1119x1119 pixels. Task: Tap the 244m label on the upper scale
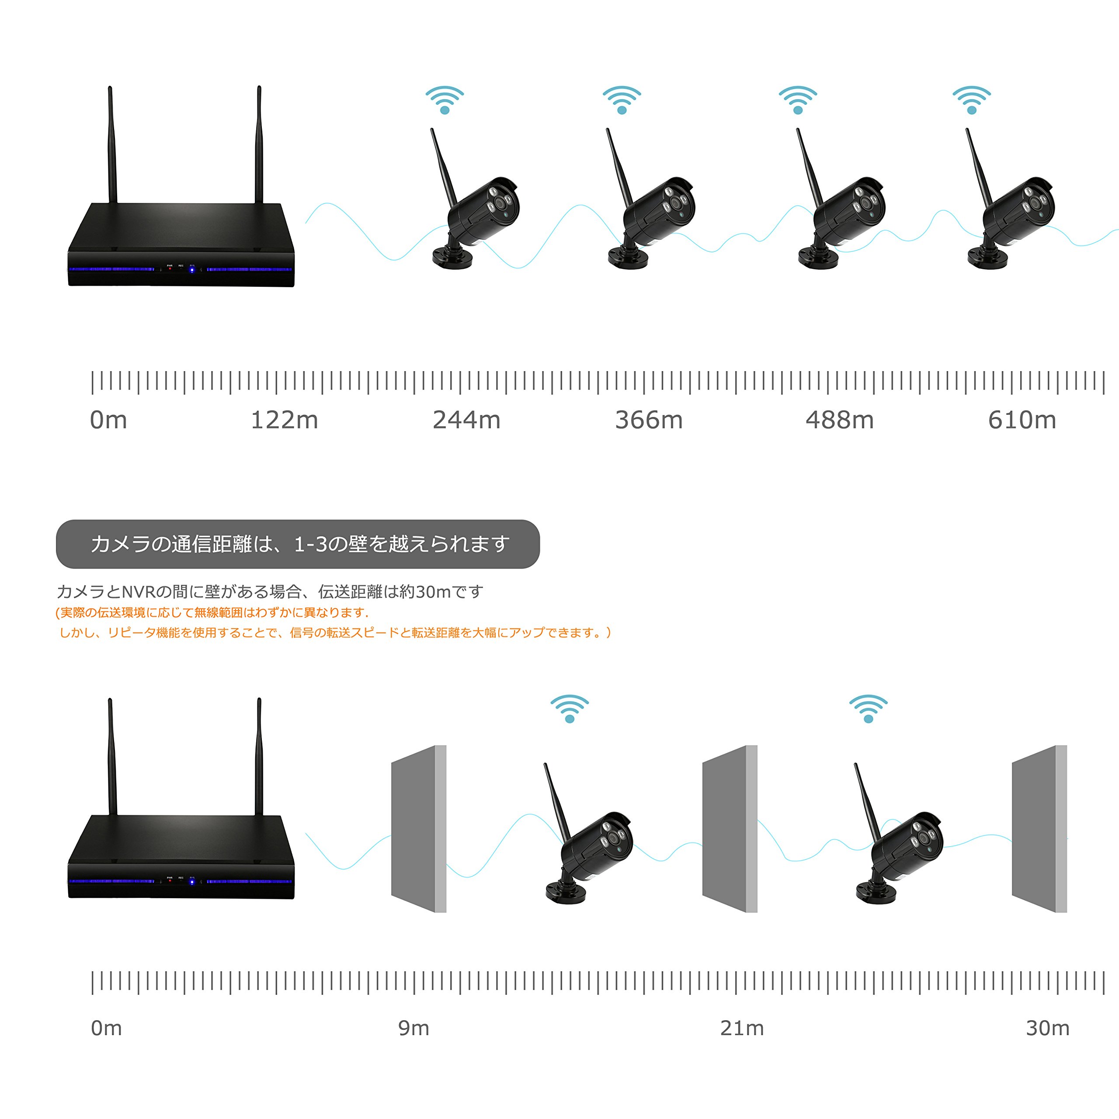click(x=466, y=420)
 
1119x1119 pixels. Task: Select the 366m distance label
click(x=649, y=420)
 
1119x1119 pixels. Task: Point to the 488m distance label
click(x=839, y=420)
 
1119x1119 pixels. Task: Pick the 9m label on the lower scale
click(x=414, y=1028)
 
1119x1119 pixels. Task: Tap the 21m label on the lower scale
click(x=742, y=1028)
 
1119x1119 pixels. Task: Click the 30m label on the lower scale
click(x=1047, y=1028)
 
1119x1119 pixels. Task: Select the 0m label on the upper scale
click(x=108, y=420)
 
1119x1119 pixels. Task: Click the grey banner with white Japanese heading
click(x=298, y=544)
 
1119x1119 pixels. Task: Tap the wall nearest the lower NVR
click(x=418, y=828)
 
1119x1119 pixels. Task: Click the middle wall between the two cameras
click(x=729, y=828)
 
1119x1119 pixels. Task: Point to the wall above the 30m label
click(x=1039, y=828)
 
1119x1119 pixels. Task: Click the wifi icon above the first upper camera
click(x=445, y=100)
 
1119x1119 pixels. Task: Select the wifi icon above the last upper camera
click(x=971, y=100)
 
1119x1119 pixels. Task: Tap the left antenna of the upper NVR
click(x=112, y=145)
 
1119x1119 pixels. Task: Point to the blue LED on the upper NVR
click(x=192, y=270)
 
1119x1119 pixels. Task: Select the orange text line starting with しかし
click(x=335, y=632)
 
